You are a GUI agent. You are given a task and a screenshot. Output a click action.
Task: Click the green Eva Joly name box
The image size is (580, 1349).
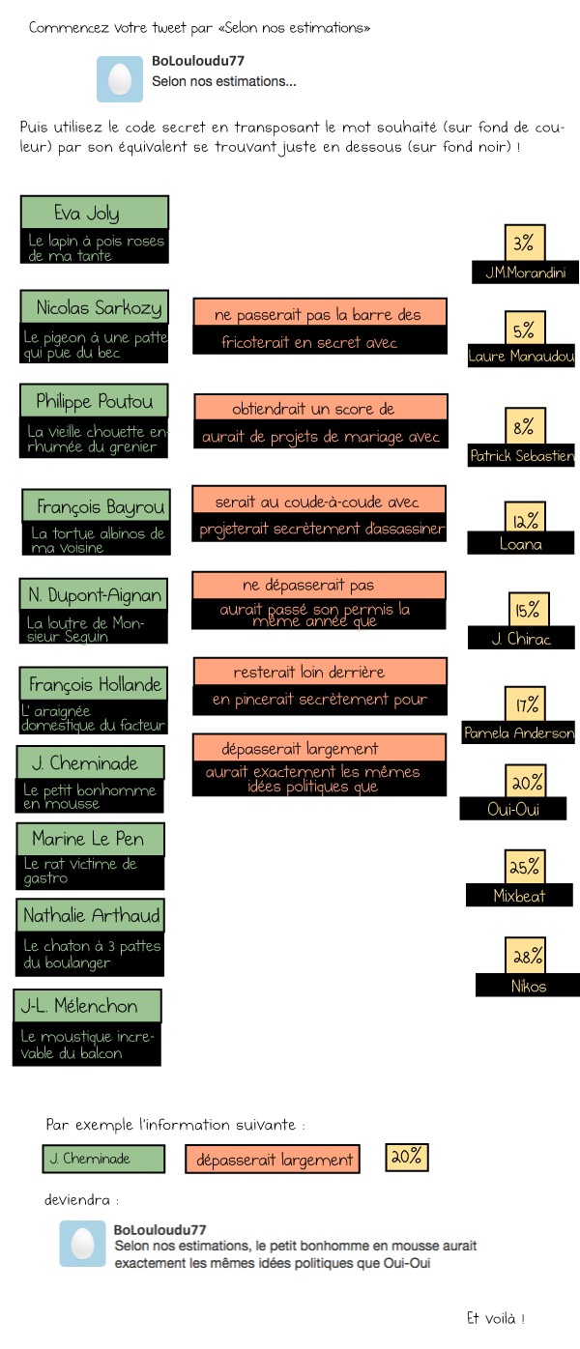click(94, 213)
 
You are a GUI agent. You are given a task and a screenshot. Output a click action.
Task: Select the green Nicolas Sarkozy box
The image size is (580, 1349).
click(94, 307)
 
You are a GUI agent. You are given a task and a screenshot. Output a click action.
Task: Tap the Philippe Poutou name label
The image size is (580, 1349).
click(94, 400)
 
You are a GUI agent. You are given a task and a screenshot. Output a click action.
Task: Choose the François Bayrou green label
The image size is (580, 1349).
click(95, 506)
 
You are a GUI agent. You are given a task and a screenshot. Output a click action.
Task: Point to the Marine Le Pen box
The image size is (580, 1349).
click(89, 839)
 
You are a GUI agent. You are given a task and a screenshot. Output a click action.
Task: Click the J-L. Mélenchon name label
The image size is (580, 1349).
click(87, 1006)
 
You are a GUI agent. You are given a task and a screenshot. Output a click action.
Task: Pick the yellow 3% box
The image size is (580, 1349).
click(524, 242)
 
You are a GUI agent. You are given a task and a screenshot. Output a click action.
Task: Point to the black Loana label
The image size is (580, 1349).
click(520, 544)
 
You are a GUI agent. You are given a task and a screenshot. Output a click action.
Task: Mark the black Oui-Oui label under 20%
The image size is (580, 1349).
click(512, 810)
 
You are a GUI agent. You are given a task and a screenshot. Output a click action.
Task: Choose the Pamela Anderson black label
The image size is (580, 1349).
click(519, 733)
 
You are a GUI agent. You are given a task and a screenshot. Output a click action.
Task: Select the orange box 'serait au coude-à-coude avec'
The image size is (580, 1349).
click(319, 502)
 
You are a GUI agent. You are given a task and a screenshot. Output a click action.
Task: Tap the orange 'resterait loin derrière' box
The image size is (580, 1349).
click(320, 672)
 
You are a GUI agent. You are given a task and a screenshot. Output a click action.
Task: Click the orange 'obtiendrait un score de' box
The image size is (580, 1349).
click(320, 409)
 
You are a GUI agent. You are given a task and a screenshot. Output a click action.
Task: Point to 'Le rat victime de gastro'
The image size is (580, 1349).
click(93, 872)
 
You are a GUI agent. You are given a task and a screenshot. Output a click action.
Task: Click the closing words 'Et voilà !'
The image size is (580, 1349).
click(495, 1318)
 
